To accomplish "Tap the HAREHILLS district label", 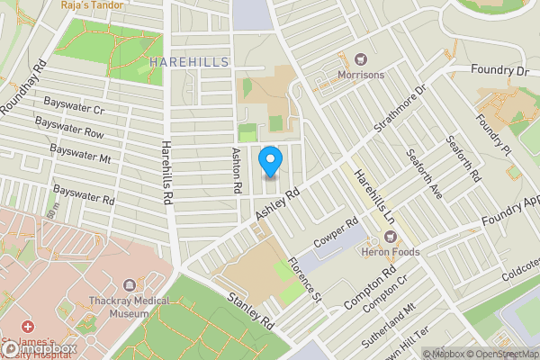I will [x=190, y=61].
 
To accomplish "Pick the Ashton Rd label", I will [x=238, y=170].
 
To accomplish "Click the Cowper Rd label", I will [x=336, y=233].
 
